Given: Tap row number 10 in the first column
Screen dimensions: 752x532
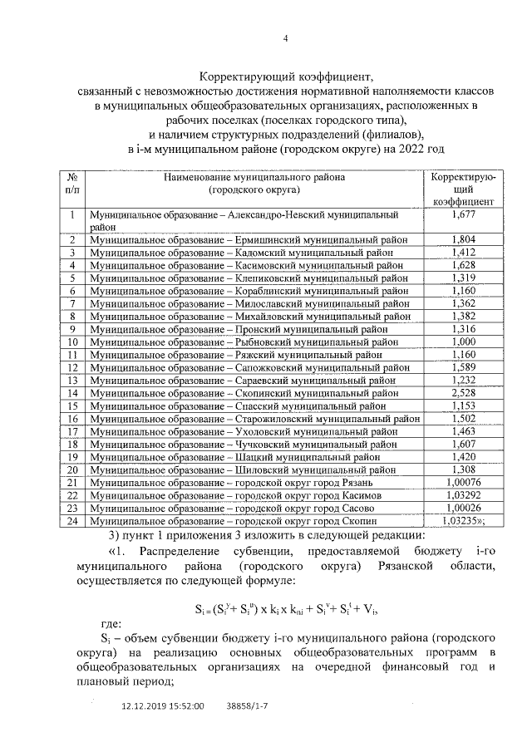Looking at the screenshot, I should (x=72, y=342).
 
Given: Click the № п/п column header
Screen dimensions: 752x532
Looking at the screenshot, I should (x=72, y=183).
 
